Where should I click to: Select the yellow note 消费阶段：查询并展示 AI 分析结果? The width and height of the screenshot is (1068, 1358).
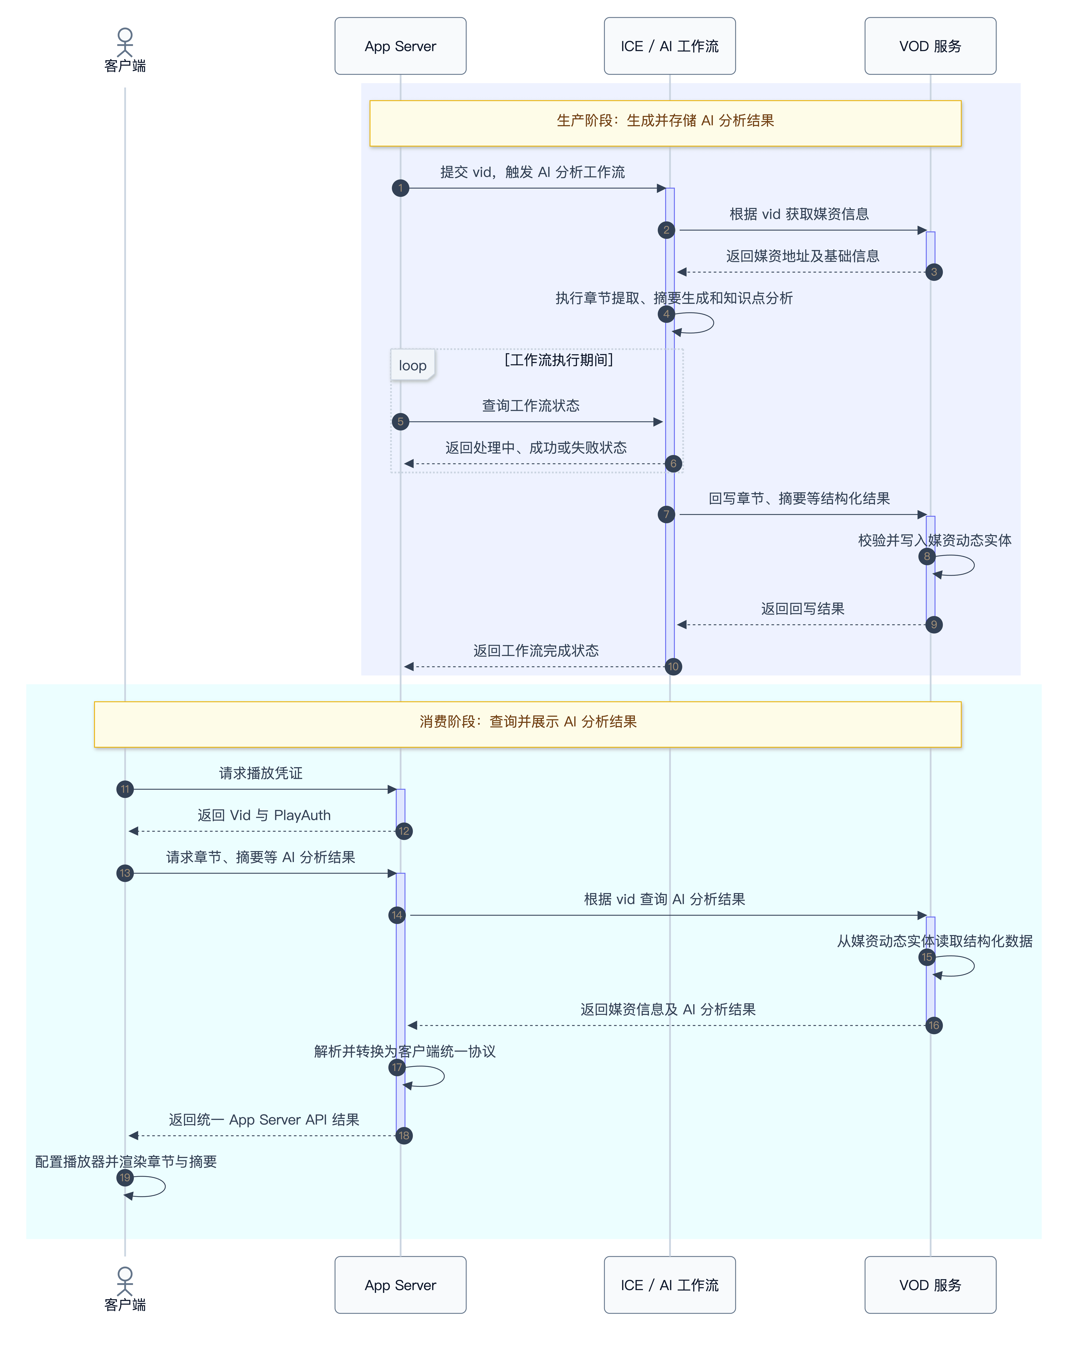point(528,724)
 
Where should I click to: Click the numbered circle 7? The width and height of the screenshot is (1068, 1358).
point(667,515)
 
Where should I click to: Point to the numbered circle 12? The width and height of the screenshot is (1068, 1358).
point(404,831)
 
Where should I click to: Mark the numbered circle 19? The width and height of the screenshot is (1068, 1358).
point(125,1178)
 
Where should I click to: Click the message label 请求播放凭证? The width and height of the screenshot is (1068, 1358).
point(261,773)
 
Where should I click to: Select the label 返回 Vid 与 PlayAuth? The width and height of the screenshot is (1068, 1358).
point(264,815)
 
